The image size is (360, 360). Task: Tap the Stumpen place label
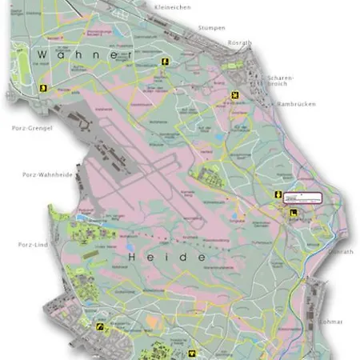click(x=214, y=27)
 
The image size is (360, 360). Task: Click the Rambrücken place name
click(x=296, y=104)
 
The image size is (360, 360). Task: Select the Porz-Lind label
click(x=31, y=245)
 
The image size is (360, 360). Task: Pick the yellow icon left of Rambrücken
click(x=234, y=98)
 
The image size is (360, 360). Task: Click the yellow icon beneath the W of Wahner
click(x=46, y=88)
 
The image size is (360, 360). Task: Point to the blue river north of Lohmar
click(x=304, y=280)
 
